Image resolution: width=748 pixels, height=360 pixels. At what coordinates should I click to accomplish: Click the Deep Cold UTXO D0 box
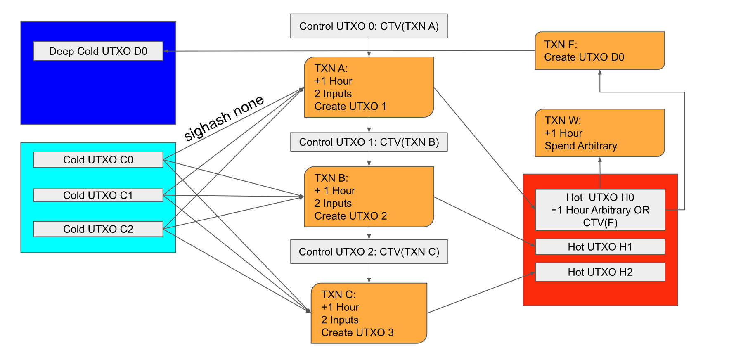(x=98, y=51)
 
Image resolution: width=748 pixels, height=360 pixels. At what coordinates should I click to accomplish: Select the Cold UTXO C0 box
(x=98, y=160)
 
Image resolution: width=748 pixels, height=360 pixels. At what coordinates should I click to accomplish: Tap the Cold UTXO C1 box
(x=98, y=195)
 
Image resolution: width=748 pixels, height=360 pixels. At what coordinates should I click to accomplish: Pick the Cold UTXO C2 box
(x=98, y=229)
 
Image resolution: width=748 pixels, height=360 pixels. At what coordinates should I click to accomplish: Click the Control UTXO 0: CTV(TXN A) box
(x=369, y=26)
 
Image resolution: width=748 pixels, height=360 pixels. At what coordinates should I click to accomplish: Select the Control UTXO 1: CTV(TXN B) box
(x=369, y=142)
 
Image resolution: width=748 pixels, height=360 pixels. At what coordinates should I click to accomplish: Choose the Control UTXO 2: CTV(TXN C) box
(x=369, y=251)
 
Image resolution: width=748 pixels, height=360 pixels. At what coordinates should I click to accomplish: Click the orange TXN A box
(x=369, y=87)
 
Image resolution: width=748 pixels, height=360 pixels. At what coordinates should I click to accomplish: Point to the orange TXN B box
(x=369, y=197)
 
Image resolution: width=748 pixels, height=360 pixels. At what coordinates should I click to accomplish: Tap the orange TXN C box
(x=369, y=313)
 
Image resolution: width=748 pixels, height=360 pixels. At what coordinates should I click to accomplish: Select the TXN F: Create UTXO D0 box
(x=599, y=50)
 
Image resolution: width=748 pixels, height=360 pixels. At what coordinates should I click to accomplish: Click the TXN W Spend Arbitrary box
(x=599, y=133)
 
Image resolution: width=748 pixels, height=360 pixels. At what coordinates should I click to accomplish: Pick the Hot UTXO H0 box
(x=600, y=210)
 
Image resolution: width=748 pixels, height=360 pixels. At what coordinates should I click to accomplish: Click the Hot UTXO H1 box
(x=600, y=246)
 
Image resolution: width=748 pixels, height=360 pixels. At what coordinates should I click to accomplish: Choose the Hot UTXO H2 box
(x=600, y=272)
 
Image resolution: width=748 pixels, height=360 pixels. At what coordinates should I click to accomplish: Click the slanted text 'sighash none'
(x=223, y=118)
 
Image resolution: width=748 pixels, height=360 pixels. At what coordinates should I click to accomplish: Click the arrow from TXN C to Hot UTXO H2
(x=481, y=293)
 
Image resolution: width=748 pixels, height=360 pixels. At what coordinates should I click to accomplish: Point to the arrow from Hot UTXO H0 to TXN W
(x=600, y=173)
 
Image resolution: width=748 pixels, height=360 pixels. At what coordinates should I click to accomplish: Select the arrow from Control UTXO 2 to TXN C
(x=369, y=273)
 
